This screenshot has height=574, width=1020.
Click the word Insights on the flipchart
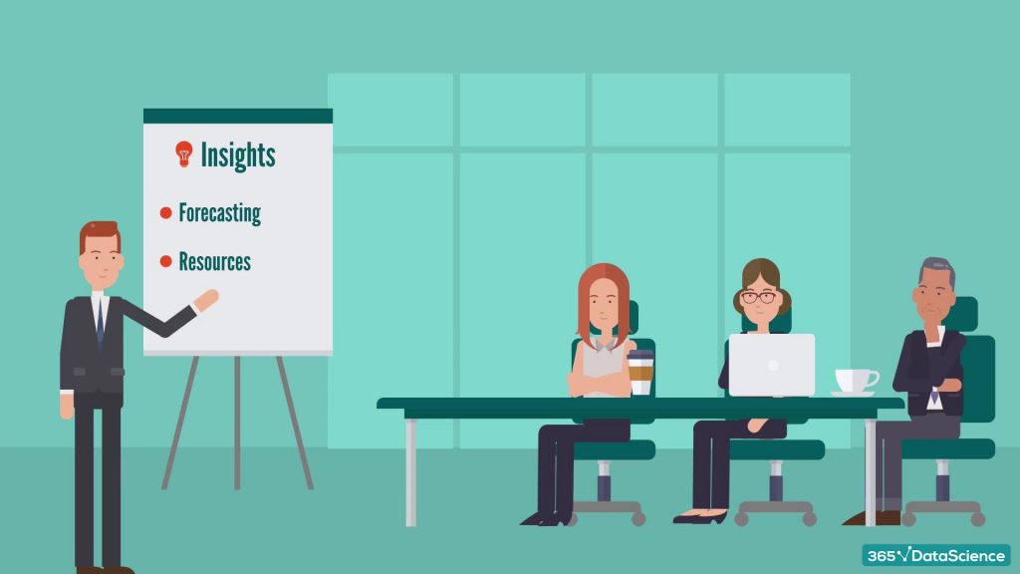point(238,154)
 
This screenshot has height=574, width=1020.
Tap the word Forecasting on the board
point(219,212)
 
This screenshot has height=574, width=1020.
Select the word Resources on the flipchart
point(214,262)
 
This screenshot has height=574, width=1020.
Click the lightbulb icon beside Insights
point(183,152)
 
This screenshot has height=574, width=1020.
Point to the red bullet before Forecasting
point(166,212)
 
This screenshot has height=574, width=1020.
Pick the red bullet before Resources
point(166,262)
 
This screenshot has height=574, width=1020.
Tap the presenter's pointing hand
point(207,299)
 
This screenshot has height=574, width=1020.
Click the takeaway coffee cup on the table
point(640,373)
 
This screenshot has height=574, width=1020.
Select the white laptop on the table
point(772,365)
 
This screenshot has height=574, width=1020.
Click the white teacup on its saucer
point(854,381)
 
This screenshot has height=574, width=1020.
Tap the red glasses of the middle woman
point(759,297)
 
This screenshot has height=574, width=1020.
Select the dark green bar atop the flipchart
point(238,116)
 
